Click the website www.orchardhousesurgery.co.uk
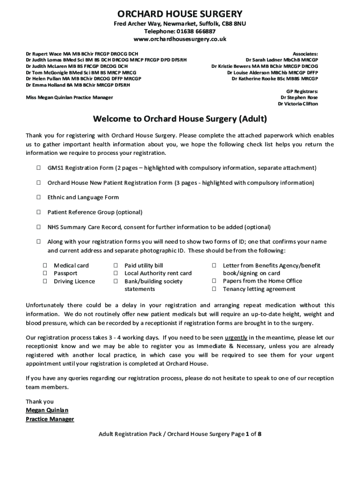[180, 39]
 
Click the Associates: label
[305, 54]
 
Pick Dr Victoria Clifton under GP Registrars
[298, 104]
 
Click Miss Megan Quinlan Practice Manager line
[69, 97]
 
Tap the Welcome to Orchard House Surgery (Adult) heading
[180, 119]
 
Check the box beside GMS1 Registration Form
[38, 167]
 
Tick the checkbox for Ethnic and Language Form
[38, 197]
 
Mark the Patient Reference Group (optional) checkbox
[38, 212]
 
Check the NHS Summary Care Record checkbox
[38, 227]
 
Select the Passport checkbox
[45, 273]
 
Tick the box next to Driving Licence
[45, 281]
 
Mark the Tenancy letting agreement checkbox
[215, 289]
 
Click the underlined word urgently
[236, 337]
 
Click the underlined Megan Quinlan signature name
[47, 410]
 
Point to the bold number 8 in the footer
[259, 434]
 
